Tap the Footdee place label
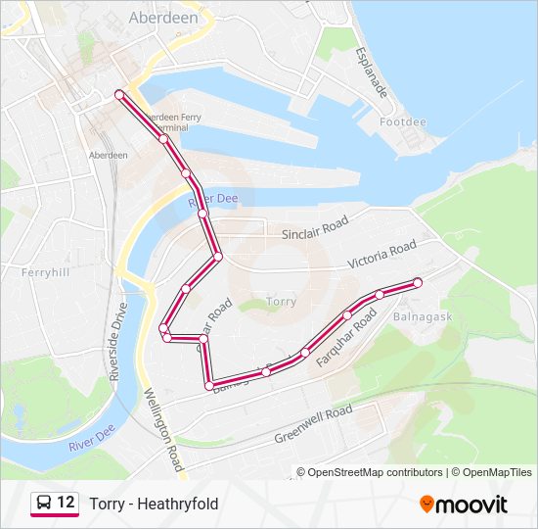[x=403, y=122]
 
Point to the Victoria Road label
[x=382, y=255]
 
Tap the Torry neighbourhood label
[x=282, y=302]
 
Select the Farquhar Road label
[x=346, y=339]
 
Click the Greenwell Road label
[x=313, y=423]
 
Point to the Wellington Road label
[x=164, y=429]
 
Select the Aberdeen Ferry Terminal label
[x=172, y=121]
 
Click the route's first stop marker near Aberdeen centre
[x=119, y=94]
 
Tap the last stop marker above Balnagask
[x=418, y=282]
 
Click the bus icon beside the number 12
[x=44, y=504]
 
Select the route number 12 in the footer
[x=66, y=503]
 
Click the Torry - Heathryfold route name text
[x=154, y=504]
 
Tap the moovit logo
[x=464, y=504]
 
